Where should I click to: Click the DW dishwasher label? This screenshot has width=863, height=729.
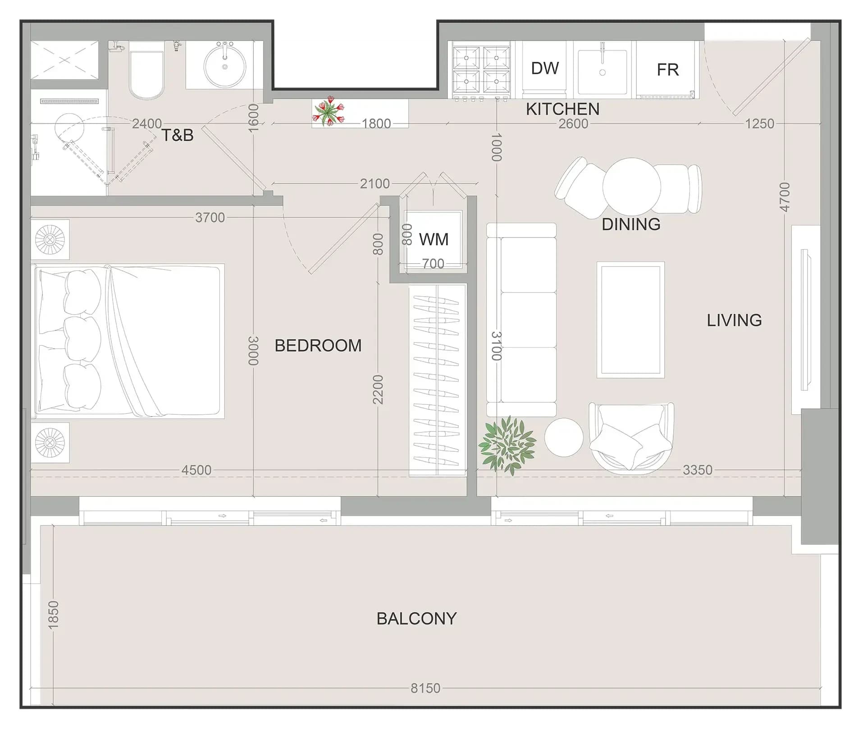pos(545,69)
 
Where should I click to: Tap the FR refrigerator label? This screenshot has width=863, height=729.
pos(667,70)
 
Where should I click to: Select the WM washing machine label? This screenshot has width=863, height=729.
pos(434,239)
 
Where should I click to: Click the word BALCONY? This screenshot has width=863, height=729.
pos(416,619)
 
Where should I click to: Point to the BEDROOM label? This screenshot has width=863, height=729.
pos(318,345)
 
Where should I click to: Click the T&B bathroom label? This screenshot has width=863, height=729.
pos(178,135)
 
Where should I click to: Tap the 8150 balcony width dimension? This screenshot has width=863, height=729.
pos(425,688)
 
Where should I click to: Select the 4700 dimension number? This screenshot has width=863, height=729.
pos(785,197)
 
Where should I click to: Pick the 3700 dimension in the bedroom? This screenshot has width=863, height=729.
pos(210,218)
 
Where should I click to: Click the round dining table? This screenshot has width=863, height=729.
pos(631,186)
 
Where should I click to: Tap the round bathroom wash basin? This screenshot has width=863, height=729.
pos(225,67)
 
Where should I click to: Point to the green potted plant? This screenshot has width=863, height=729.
pos(507,445)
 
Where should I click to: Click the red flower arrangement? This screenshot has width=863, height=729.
pos(329,111)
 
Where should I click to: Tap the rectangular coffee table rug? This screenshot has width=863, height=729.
pos(630,320)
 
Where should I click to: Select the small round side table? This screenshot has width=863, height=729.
pos(564,437)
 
